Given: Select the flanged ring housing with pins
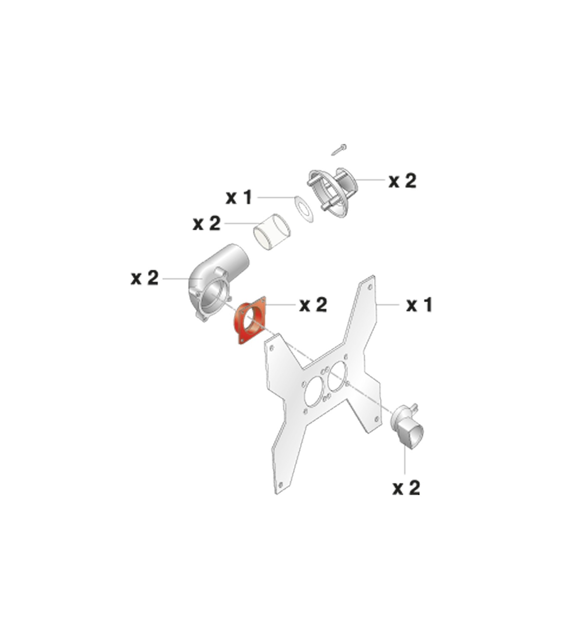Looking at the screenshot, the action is [x=332, y=193].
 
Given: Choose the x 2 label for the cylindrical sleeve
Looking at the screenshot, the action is [x=207, y=223].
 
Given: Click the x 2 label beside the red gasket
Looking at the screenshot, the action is [x=313, y=304].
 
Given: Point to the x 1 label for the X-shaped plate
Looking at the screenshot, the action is [x=419, y=305].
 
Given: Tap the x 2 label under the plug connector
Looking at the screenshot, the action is [x=406, y=488].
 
